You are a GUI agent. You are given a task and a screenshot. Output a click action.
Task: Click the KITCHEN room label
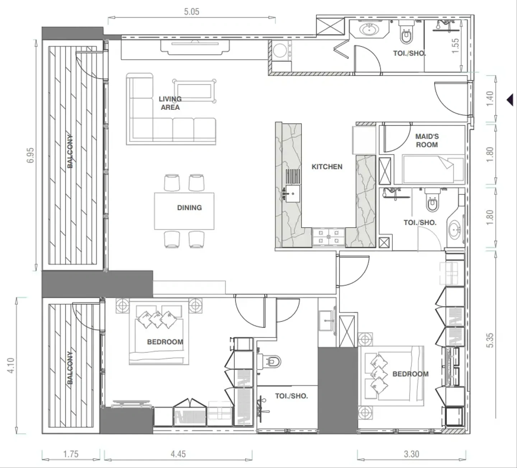[x=327, y=167]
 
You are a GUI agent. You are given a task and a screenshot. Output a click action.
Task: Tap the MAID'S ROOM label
[x=427, y=140]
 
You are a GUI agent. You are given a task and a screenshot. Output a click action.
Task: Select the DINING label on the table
[x=190, y=207]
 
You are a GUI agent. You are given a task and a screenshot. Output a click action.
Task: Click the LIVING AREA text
[x=170, y=103]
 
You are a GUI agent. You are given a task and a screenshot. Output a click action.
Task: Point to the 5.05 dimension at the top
[x=191, y=11]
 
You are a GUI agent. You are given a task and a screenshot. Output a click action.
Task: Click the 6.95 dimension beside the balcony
[x=30, y=155]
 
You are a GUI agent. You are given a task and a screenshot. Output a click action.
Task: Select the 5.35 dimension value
[x=490, y=340]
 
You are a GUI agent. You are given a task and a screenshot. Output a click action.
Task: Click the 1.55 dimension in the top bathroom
[x=455, y=46]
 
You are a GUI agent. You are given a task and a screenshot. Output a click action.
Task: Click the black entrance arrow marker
[x=510, y=100]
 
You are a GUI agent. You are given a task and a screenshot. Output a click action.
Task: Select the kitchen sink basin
[x=293, y=193]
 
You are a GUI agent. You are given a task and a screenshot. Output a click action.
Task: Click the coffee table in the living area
[x=194, y=91]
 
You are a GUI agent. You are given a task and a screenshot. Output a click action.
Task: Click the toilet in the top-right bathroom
[x=406, y=32]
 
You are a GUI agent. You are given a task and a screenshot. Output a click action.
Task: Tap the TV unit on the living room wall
[x=195, y=47]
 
